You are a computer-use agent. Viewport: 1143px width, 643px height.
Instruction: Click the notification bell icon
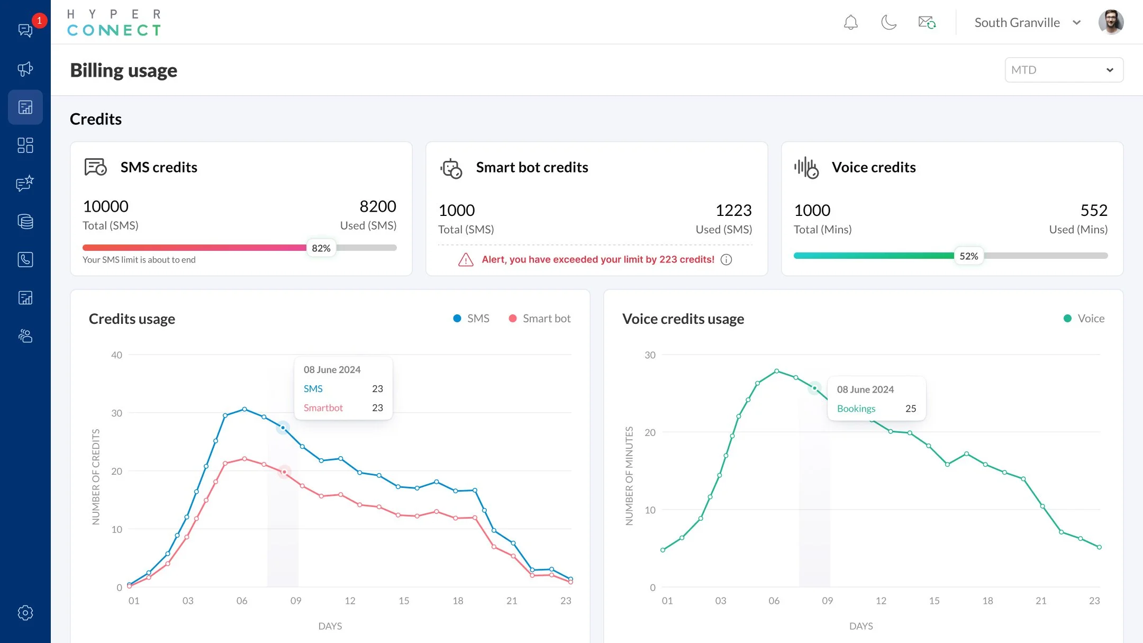tap(850, 23)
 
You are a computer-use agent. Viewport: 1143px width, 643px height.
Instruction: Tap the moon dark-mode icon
tap(888, 23)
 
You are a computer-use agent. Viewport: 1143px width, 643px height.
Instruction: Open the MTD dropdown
tap(1064, 70)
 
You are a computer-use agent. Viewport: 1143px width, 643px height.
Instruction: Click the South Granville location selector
tap(1027, 23)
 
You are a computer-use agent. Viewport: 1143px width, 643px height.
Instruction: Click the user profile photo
tap(1111, 22)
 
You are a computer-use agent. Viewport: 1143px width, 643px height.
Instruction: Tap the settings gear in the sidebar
tap(25, 613)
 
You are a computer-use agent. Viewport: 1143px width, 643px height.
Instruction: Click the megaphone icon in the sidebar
tap(25, 69)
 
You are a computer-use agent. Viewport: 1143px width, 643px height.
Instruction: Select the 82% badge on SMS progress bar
tap(321, 248)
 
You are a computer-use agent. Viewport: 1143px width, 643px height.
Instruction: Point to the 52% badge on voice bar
tap(968, 256)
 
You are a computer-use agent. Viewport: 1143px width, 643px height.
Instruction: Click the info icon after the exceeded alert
tap(726, 260)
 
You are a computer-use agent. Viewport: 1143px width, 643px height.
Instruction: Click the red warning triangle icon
tap(465, 260)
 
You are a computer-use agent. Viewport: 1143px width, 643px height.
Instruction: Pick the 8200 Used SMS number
tap(377, 206)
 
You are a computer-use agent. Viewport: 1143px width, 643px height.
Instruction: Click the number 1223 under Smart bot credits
tap(733, 211)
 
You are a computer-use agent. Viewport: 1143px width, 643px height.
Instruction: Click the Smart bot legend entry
tap(540, 319)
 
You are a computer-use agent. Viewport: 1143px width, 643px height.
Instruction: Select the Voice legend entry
tap(1084, 319)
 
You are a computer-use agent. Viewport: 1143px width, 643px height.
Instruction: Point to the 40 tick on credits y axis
tap(116, 355)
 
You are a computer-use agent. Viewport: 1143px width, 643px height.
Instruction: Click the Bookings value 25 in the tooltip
tap(910, 409)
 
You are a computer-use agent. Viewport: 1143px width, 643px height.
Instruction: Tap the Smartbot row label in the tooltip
tap(323, 408)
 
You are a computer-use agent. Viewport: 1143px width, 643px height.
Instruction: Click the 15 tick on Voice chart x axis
tap(934, 601)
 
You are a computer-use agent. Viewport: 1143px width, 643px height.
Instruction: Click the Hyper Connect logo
tap(114, 23)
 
